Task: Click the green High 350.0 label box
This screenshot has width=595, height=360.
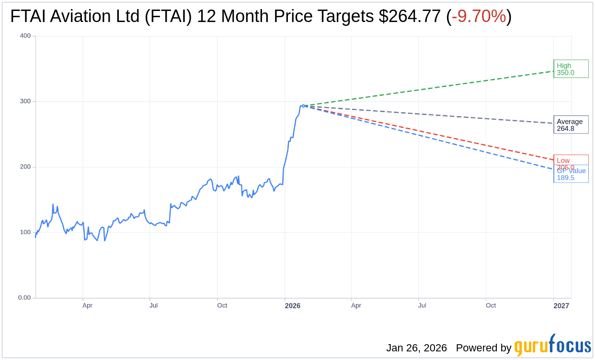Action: pos(571,69)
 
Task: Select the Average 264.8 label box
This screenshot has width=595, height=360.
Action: pos(571,124)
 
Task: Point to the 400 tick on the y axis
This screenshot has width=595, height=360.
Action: pos(25,36)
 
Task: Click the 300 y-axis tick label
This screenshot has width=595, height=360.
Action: pos(25,101)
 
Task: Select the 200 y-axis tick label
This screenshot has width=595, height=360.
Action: pos(25,167)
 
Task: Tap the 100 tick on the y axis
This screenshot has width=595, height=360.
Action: pos(25,232)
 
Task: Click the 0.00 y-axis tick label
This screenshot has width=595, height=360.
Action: pos(24,298)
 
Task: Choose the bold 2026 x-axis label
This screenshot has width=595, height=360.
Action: pos(293,305)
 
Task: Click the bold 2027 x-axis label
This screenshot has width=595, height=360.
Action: pos(561,305)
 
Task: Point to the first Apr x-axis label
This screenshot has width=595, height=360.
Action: pos(87,305)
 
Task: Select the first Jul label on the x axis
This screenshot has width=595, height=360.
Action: pos(153,305)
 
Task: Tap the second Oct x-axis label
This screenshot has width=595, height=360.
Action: pos(491,305)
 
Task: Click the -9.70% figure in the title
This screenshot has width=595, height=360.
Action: pos(479,16)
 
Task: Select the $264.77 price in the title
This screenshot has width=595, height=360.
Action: pos(410,16)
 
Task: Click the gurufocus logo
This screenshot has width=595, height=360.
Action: pos(552,346)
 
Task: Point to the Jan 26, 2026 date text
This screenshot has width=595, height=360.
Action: pos(416,348)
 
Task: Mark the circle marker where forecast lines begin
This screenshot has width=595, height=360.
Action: pos(303,106)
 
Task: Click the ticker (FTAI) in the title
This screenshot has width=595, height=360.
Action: pos(168,16)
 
